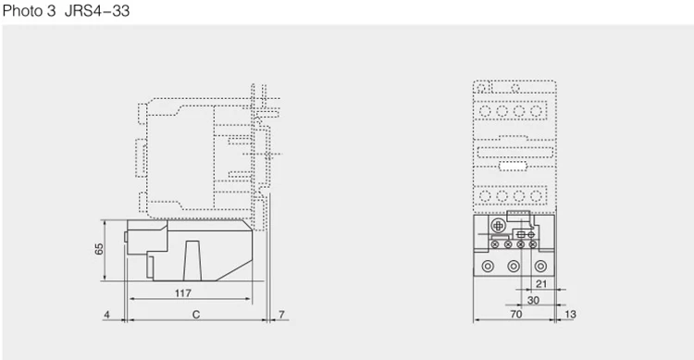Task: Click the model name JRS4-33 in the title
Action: click(97, 10)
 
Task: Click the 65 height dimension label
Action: click(99, 249)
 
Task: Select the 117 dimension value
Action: click(183, 292)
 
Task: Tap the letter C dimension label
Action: click(196, 315)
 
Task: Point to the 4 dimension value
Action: click(106, 315)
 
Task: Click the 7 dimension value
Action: click(281, 315)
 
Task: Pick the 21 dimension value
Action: click(541, 284)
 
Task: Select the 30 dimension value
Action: click(533, 300)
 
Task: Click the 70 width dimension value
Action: click(516, 314)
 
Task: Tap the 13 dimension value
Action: click(571, 314)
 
